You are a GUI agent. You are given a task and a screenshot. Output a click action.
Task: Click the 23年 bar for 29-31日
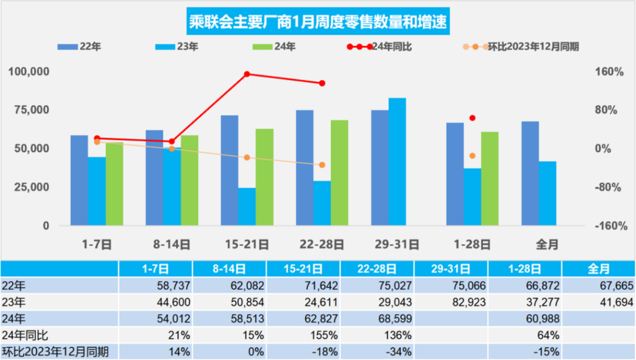(397, 161)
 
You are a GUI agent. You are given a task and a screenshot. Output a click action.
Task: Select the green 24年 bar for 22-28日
(339, 172)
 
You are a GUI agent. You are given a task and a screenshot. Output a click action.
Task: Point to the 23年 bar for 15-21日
(246, 206)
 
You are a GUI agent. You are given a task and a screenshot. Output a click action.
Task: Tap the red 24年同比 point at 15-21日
(247, 74)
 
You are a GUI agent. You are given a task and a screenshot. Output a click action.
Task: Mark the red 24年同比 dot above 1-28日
(472, 118)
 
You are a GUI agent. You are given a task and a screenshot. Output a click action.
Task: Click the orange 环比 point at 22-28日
(322, 165)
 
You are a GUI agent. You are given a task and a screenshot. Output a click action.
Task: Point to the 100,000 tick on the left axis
(29, 71)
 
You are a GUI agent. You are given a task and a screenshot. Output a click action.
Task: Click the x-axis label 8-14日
(171, 244)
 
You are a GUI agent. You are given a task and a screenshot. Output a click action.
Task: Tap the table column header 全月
(598, 269)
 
